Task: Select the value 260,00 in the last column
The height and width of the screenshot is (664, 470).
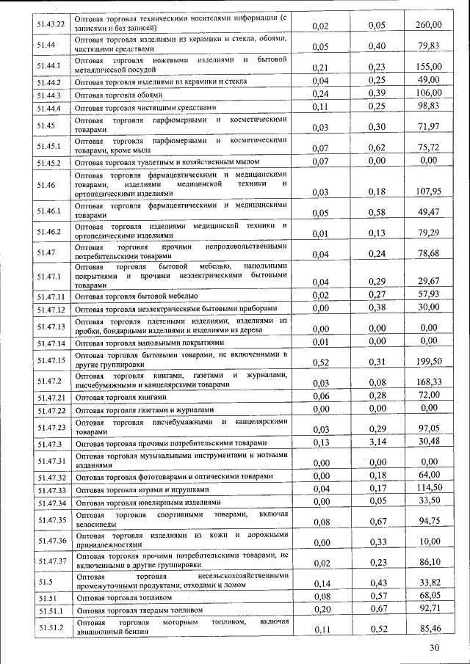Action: click(x=429, y=26)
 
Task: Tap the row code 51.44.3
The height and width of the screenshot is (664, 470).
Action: click(x=49, y=95)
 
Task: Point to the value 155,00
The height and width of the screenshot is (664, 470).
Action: click(x=429, y=67)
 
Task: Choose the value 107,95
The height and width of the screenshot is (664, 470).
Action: click(x=429, y=192)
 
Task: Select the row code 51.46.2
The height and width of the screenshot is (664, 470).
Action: click(x=49, y=232)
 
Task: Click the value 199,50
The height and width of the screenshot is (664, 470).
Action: click(x=429, y=362)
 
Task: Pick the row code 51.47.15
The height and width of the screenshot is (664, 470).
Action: click(x=51, y=360)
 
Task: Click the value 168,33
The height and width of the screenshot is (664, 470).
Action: click(x=429, y=382)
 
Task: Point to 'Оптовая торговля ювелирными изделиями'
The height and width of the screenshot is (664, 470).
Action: click(x=148, y=503)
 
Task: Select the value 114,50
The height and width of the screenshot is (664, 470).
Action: click(x=429, y=489)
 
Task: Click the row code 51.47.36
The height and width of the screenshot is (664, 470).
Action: click(x=51, y=541)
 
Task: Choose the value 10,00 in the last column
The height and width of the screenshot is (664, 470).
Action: click(x=429, y=542)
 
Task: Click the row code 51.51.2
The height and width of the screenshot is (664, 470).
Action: click(x=51, y=627)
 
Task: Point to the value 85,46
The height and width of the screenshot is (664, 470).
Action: click(x=429, y=630)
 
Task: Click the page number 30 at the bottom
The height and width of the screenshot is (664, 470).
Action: click(x=435, y=649)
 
